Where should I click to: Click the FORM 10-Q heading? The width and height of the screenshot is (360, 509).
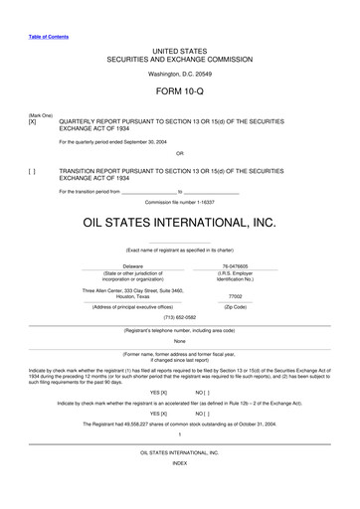click(179, 91)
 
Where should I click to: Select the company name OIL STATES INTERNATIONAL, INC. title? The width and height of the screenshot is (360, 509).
click(179, 225)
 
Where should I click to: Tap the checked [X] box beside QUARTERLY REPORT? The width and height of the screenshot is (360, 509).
click(33, 120)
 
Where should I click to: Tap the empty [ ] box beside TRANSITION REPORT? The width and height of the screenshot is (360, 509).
click(33, 171)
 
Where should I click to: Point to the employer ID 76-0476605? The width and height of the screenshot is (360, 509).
click(235, 266)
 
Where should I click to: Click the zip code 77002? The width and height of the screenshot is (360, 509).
click(235, 296)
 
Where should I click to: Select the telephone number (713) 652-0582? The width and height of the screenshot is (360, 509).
click(179, 319)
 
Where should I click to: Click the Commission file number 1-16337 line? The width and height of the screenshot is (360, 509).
click(179, 202)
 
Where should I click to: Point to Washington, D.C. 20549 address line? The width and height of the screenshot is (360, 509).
click(179, 74)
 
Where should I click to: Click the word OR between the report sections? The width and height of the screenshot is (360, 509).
click(179, 154)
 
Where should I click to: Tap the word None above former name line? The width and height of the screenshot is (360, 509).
click(179, 341)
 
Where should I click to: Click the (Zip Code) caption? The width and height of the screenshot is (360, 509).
click(235, 307)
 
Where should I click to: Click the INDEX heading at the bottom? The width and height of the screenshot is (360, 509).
click(179, 491)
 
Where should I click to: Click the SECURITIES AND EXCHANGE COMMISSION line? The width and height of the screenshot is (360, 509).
click(179, 57)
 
